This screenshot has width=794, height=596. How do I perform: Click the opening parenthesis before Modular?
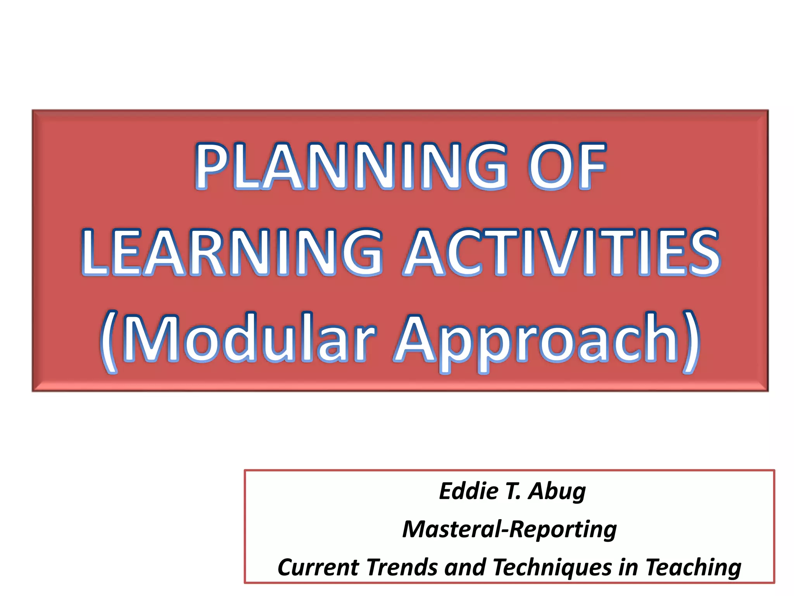(x=109, y=341)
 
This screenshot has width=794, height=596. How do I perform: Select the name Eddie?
(x=468, y=491)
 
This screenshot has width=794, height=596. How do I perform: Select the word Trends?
(x=402, y=567)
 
